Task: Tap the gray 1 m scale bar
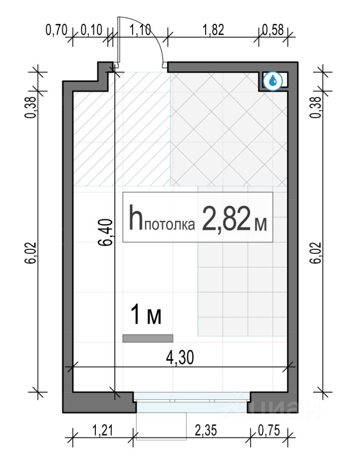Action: coord(148,338)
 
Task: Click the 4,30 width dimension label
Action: coord(180,358)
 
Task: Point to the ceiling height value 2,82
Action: coord(225,218)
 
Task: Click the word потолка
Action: coord(171,225)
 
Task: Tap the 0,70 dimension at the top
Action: coord(56,31)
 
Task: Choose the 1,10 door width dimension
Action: coord(140,30)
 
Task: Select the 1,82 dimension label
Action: coord(214,30)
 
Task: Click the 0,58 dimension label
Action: coord(273,30)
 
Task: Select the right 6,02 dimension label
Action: coord(316,253)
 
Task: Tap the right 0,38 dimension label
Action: coord(316,107)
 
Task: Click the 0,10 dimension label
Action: coord(92,31)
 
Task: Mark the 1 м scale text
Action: coord(146,315)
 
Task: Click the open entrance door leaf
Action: coord(119,41)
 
